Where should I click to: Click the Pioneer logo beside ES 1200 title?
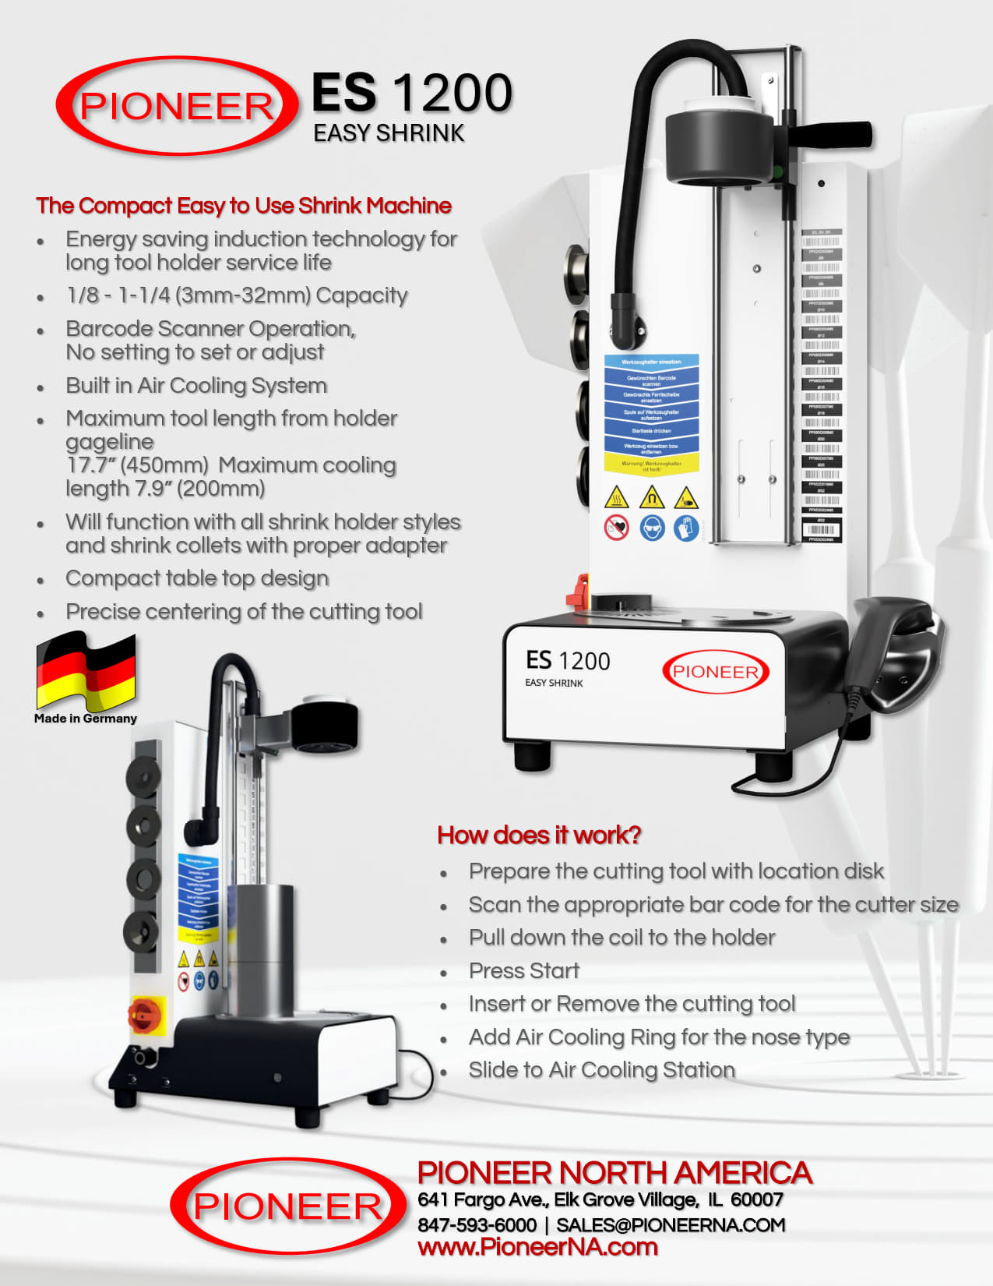point(177,106)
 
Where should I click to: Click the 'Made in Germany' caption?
point(86,719)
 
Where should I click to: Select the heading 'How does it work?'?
point(539,835)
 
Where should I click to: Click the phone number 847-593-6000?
point(477,1224)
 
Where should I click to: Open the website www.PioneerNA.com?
point(537,1247)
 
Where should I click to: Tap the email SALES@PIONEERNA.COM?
point(671,1224)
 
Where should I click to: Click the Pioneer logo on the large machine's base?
point(715,672)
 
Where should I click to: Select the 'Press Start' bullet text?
point(524,970)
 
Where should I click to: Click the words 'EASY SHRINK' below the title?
point(389,133)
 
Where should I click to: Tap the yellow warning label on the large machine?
point(651,463)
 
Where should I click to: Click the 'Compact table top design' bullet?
point(197,578)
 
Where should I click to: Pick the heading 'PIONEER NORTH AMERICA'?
point(614,1173)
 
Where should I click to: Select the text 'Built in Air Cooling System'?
point(196,386)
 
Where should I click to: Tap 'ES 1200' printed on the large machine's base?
point(568,661)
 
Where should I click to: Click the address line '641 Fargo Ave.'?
point(600,1199)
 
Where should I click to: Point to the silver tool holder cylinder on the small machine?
point(265,951)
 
